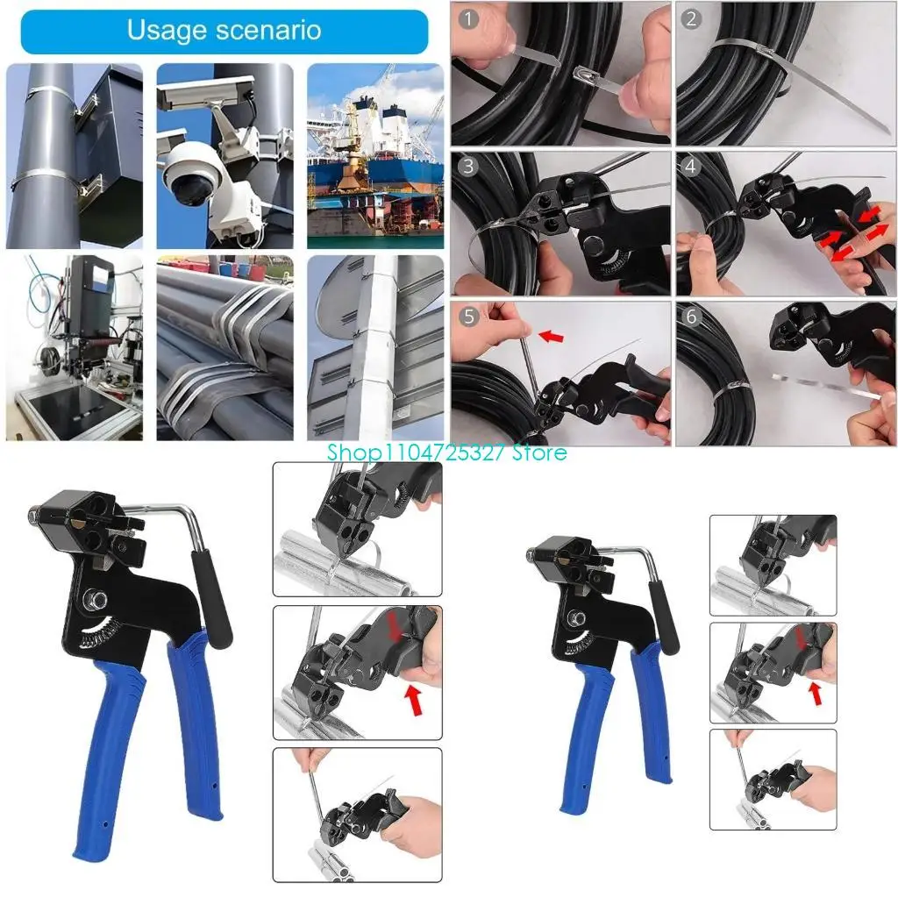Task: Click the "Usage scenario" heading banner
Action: pyautogui.click(x=224, y=31)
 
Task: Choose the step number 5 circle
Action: pyautogui.click(x=469, y=317)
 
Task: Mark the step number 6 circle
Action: pyautogui.click(x=693, y=317)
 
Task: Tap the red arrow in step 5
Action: pyautogui.click(x=550, y=336)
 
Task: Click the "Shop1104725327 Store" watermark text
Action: pyautogui.click(x=447, y=453)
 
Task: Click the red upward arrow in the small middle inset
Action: pyautogui.click(x=816, y=693)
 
